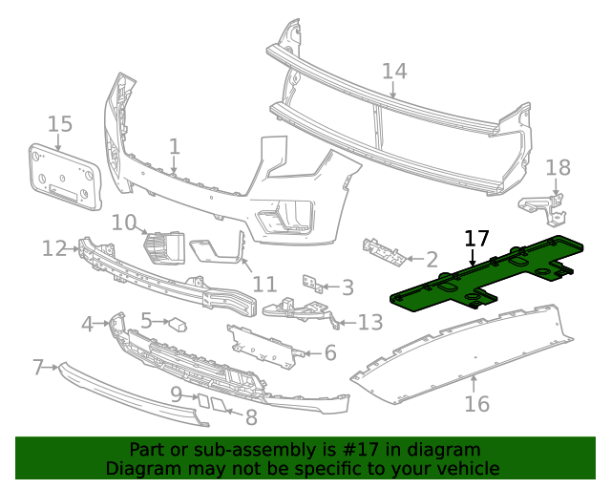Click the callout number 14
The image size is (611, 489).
click(x=394, y=71)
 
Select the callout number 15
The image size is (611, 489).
click(x=59, y=123)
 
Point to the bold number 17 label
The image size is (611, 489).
click(x=476, y=239)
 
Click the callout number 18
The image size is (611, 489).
click(x=558, y=168)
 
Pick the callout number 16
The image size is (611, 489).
click(x=476, y=404)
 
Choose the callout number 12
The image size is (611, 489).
click(x=53, y=248)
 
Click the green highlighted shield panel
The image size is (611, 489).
click(x=477, y=278)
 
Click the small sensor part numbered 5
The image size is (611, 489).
click(x=178, y=323)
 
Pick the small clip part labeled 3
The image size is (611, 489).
click(x=310, y=284)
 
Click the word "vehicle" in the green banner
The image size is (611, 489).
click(x=467, y=468)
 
